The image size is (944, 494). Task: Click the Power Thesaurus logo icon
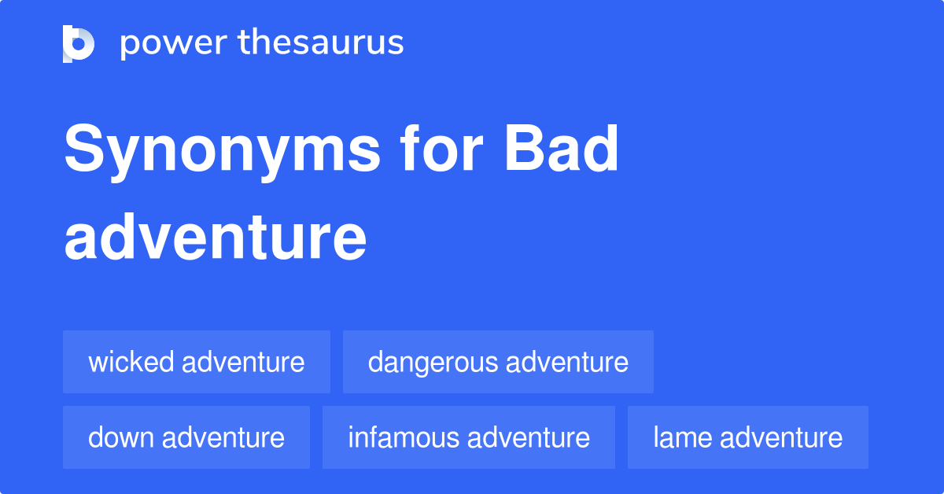(x=79, y=43)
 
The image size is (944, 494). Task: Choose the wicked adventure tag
(x=196, y=363)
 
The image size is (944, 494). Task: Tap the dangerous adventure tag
(x=498, y=363)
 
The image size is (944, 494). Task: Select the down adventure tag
(x=186, y=437)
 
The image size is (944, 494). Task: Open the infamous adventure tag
(x=469, y=437)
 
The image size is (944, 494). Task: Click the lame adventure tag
(x=747, y=437)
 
